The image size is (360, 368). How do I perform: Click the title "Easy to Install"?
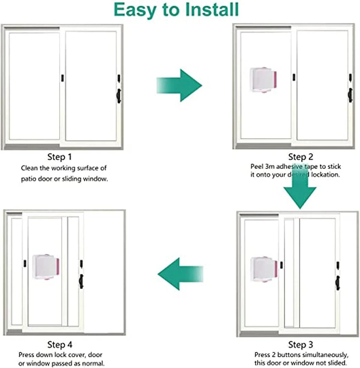click(x=176, y=10)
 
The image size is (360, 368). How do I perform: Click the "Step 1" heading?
click(x=60, y=157)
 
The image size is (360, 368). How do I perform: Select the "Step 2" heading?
click(x=300, y=157)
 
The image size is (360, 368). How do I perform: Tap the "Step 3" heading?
click(x=300, y=345)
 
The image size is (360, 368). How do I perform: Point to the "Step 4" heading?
click(x=60, y=345)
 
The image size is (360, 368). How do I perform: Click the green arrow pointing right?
click(x=179, y=85)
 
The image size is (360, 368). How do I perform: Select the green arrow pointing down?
click(x=300, y=192)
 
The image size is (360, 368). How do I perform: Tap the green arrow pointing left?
click(x=180, y=274)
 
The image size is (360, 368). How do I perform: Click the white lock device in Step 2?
click(x=263, y=80)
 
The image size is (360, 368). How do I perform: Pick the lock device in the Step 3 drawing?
click(x=264, y=269)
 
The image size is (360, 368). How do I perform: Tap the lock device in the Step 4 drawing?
click(x=46, y=267)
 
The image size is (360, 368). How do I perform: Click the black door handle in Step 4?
click(x=81, y=281)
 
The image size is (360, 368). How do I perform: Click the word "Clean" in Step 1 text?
click(x=29, y=168)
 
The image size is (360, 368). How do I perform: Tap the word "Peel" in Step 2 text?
click(x=257, y=166)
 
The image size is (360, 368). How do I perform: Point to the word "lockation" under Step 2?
click(x=325, y=175)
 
